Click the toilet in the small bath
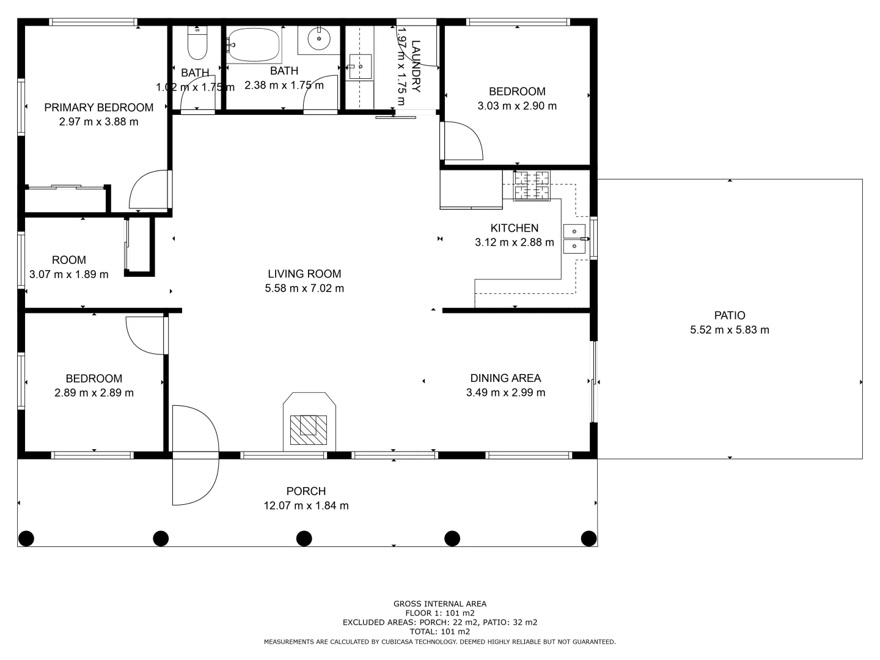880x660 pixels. tap(197, 43)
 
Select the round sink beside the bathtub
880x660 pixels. tap(319, 39)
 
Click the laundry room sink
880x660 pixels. tap(360, 67)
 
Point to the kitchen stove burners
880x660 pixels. tap(532, 186)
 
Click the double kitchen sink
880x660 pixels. tap(574, 239)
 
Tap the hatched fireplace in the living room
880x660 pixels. tap(308, 430)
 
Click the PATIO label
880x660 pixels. tap(730, 315)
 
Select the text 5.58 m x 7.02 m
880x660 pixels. tap(304, 288)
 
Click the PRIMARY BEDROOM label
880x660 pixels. tap(98, 108)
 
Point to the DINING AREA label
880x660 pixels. tap(505, 378)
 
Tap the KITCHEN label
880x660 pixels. tap(515, 228)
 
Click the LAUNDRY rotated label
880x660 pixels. tap(416, 66)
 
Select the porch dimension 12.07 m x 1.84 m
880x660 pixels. tap(306, 505)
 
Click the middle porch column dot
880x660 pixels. tap(304, 538)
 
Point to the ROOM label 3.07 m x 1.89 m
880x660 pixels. tap(69, 267)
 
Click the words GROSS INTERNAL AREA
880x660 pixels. tap(440, 604)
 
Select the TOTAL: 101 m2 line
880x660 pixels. tap(440, 631)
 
